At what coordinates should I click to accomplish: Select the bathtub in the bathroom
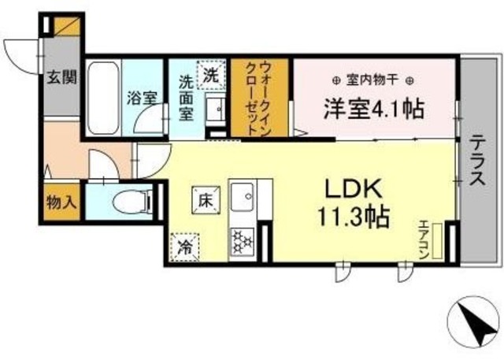coord(103,98)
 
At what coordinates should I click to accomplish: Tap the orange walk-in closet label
coord(261,98)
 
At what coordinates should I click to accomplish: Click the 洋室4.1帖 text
coord(372,109)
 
